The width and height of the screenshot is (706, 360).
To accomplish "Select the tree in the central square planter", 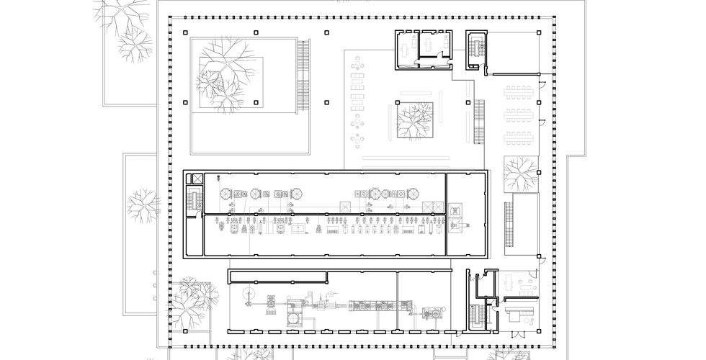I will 414,119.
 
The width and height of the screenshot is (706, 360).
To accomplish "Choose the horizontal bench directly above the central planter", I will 414,94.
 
